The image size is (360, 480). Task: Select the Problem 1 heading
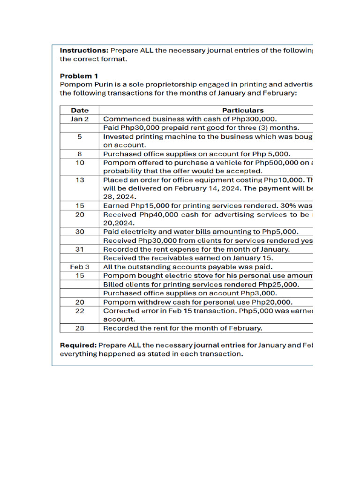point(79,75)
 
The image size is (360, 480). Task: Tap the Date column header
point(80,110)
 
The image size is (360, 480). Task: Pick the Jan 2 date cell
point(80,119)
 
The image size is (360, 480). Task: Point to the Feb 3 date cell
point(80,266)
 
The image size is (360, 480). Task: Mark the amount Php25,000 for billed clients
point(279,285)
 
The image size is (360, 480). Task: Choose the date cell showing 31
point(80,249)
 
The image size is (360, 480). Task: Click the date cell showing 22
point(80,311)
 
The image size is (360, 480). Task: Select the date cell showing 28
point(80,328)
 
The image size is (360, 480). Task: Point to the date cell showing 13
point(80,180)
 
